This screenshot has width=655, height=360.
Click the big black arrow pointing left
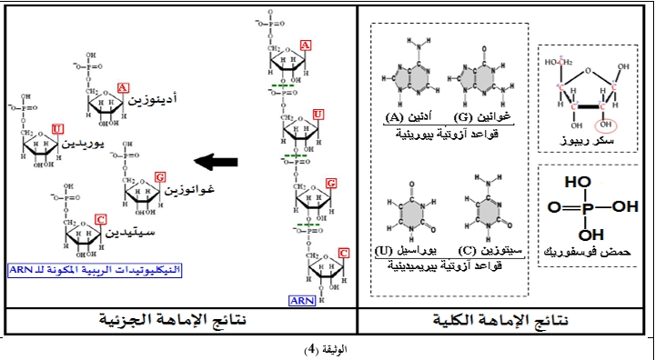point(217,162)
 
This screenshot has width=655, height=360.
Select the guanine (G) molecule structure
point(478,80)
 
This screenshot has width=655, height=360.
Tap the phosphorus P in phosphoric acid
point(588,206)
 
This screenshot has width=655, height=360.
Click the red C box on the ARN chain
point(344,252)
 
